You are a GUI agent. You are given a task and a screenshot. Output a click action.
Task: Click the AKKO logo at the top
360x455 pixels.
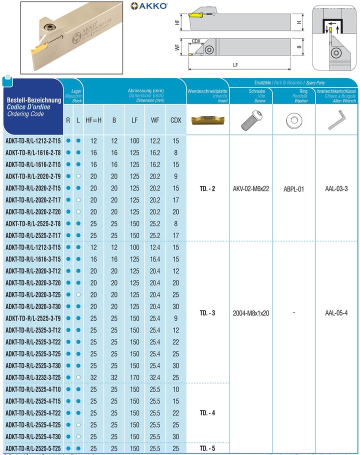tap(149, 6)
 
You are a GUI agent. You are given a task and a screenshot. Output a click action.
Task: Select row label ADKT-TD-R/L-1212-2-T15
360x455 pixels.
tap(33, 140)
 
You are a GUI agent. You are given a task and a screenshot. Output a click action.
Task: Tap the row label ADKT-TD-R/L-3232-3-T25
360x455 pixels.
tap(33, 377)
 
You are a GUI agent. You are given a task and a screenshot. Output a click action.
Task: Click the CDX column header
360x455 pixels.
tap(175, 120)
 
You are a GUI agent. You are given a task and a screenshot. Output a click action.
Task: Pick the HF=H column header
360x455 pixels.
tap(93, 120)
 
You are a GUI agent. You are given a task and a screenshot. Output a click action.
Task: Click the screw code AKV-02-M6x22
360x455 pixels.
tap(251, 188)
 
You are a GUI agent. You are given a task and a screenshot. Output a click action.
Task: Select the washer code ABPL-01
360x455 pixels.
tap(294, 188)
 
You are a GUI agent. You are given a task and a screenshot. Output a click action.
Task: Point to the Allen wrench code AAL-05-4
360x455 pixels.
tap(335, 313)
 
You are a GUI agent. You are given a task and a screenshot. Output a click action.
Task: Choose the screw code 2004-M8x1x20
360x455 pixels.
tap(251, 313)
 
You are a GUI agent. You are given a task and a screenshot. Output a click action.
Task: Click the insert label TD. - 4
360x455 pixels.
tap(207, 413)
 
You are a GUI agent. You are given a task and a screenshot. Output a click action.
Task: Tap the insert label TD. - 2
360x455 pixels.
tap(207, 188)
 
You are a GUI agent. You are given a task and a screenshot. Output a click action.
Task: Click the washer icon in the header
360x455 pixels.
tap(294, 120)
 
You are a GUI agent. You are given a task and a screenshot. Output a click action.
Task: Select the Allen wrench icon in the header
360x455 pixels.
tap(335, 120)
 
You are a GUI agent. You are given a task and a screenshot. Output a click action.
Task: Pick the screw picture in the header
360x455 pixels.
tap(251, 120)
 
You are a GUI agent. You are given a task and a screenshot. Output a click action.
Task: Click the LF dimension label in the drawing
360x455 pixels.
tap(235, 65)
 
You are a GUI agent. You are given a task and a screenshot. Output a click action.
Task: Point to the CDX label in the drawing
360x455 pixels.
tap(196, 41)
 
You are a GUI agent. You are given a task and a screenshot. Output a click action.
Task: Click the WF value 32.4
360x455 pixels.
tap(155, 377)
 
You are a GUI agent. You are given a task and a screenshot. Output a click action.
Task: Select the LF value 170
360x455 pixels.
tap(134, 377)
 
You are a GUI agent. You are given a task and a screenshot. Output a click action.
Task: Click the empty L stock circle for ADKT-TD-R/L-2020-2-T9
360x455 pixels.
tap(78, 176)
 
